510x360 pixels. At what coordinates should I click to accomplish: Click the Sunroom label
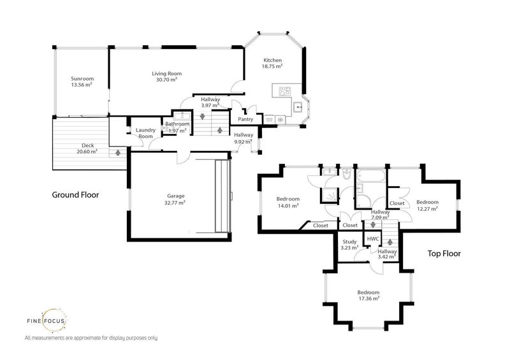[81, 78]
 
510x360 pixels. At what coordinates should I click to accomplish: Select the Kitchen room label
[273, 60]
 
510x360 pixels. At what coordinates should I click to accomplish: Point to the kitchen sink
[297, 107]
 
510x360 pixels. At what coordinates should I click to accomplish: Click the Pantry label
[245, 119]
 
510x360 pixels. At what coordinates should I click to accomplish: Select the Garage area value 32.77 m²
[175, 203]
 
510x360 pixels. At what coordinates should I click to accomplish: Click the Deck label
[87, 146]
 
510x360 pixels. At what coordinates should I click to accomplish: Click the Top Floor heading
[443, 253]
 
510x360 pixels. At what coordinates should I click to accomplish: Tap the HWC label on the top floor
[373, 238]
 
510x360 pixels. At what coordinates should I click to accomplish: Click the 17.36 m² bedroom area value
[368, 298]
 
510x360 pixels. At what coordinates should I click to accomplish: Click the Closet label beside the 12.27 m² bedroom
[397, 203]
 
